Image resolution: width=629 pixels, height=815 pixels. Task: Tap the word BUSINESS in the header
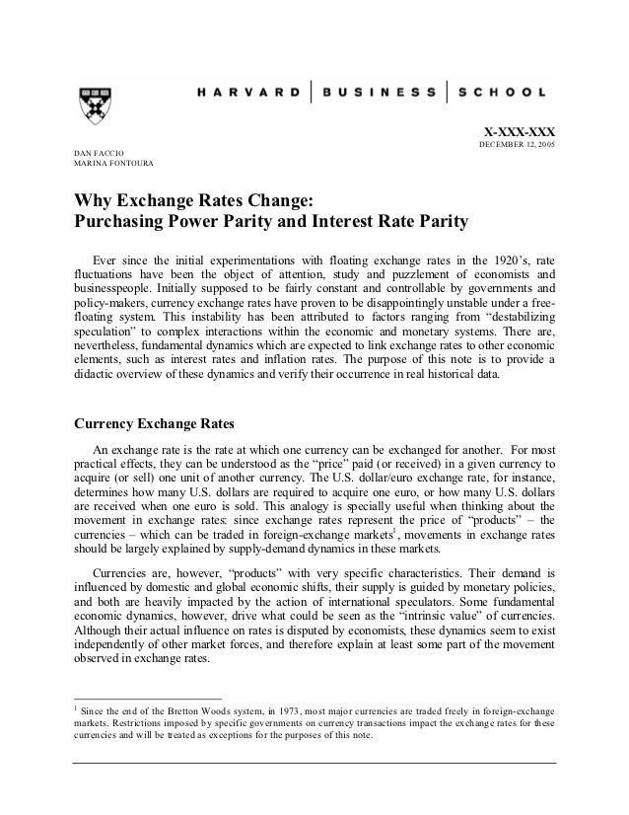coord(380,93)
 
